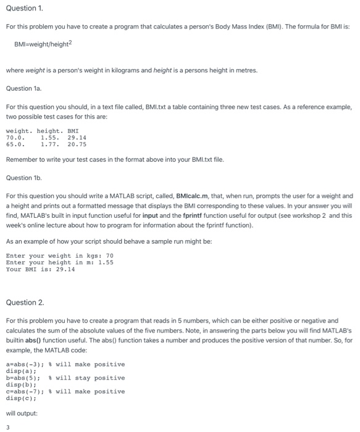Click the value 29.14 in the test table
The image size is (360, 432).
(x=77, y=138)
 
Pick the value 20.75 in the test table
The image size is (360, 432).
(x=77, y=144)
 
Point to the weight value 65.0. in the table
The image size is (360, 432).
(x=15, y=144)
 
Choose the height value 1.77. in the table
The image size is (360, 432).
(x=51, y=144)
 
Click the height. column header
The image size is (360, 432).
(x=49, y=131)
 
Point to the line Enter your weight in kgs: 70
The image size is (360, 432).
(x=59, y=255)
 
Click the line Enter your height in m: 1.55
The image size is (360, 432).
(x=59, y=262)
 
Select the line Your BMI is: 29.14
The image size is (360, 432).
(x=40, y=269)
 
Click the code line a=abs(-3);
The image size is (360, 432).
(x=23, y=364)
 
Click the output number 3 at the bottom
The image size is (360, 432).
(x=8, y=426)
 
